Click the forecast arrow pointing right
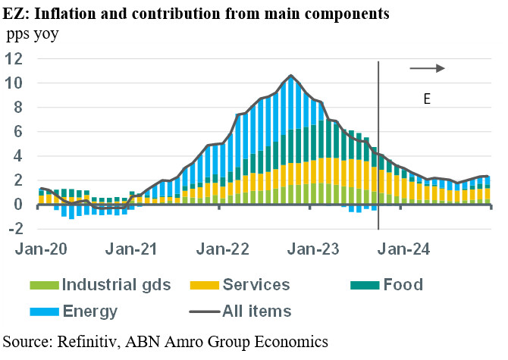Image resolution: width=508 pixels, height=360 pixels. point(428,68)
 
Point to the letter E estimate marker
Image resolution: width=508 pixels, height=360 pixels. point(427,99)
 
